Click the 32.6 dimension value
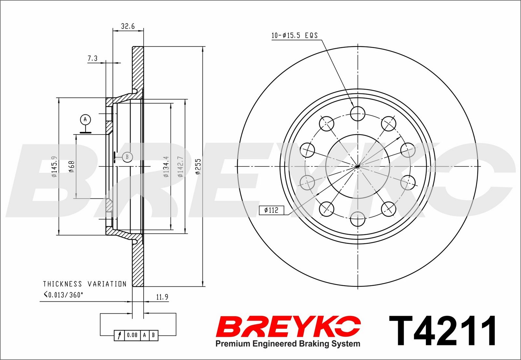tap(128, 26)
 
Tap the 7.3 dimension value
tap(92, 58)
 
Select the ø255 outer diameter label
tap(198, 166)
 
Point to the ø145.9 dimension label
tap(54, 166)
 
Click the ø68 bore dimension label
tap(71, 166)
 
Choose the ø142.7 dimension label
tap(180, 166)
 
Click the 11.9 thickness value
tap(162, 297)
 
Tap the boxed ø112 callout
tap(272, 210)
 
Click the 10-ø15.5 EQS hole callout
tap(294, 36)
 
